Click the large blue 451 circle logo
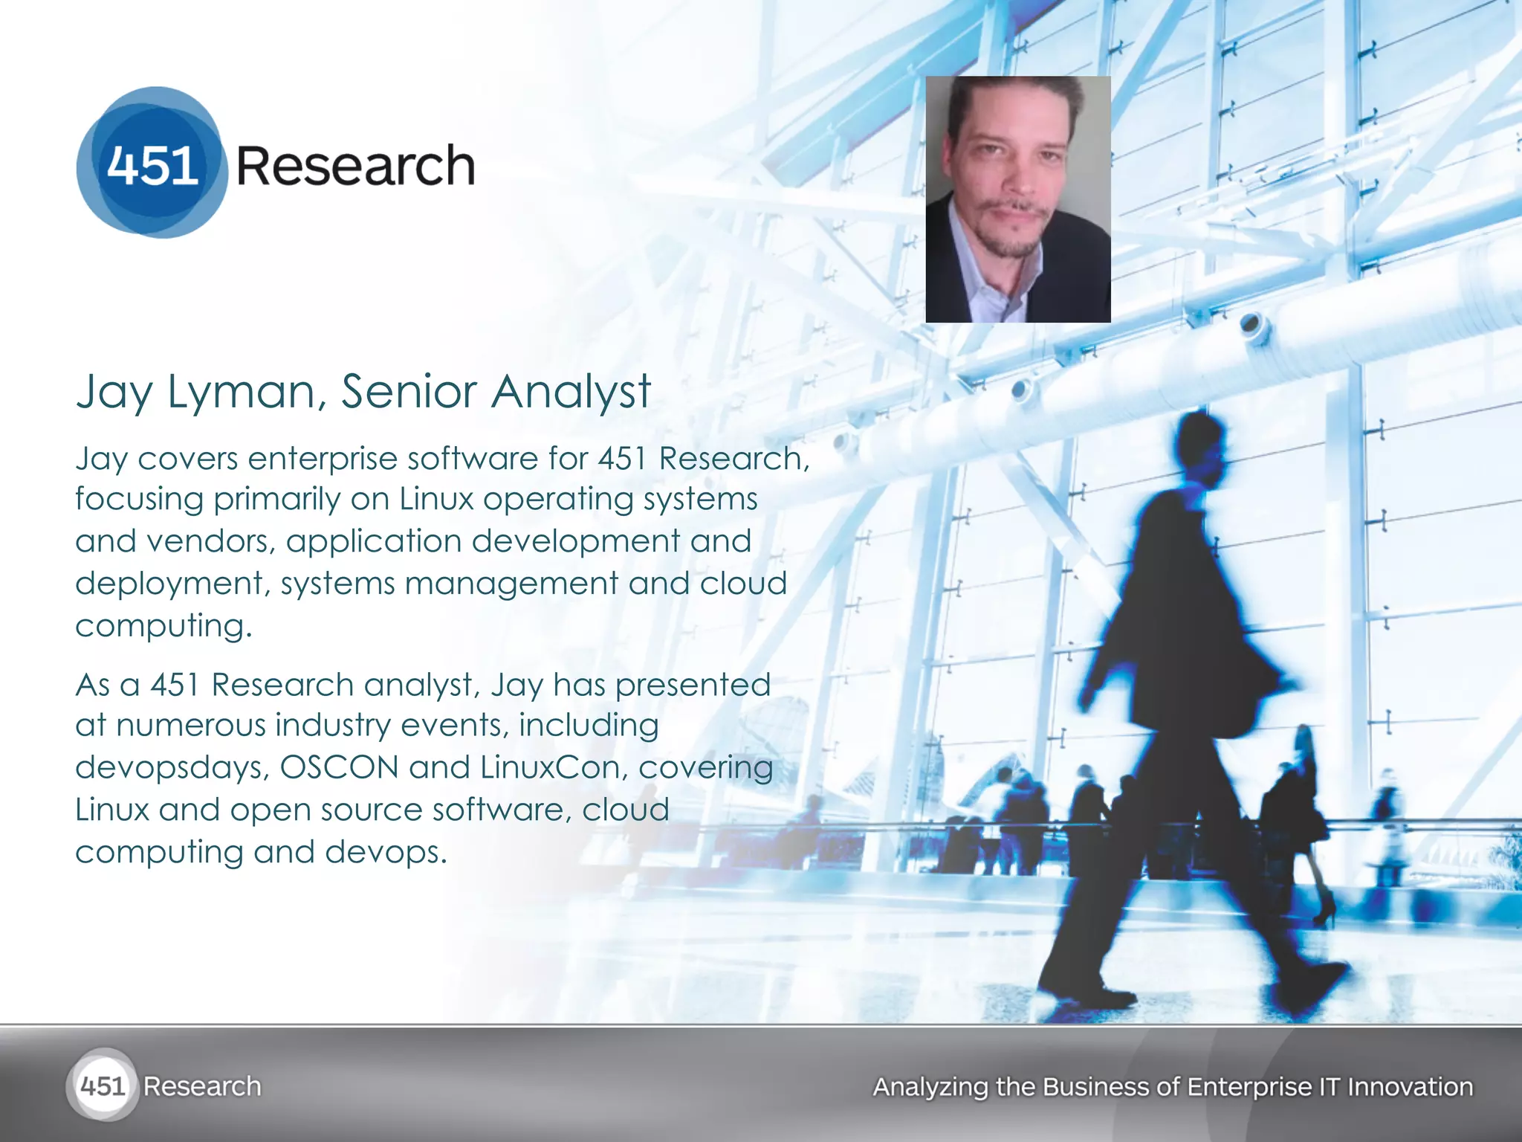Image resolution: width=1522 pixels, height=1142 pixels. [x=152, y=163]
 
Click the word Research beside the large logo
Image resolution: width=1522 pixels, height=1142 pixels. [x=355, y=166]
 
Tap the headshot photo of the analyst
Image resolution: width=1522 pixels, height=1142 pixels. [x=1017, y=199]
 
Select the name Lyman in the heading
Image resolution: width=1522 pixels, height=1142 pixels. [x=246, y=392]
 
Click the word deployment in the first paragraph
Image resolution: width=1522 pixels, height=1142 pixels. [x=169, y=584]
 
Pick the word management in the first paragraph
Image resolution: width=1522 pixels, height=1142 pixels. [x=511, y=584]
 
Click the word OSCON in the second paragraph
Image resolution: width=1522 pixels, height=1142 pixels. [x=339, y=768]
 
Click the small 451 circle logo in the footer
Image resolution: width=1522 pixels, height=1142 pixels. [x=103, y=1086]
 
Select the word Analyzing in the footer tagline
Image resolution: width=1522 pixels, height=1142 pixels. [x=930, y=1087]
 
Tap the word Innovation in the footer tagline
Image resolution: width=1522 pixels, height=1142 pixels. [x=1410, y=1087]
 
